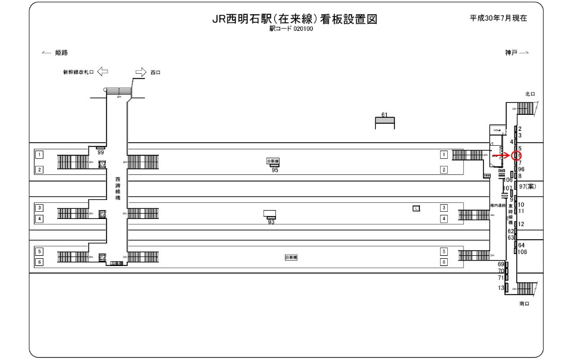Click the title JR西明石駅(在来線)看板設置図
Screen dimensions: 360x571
click(x=295, y=19)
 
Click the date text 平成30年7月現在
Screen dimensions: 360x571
click(x=498, y=18)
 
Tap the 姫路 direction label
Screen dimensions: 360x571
click(x=61, y=53)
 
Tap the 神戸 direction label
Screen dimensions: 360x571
click(x=512, y=53)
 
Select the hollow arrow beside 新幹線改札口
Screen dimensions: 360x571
click(x=102, y=72)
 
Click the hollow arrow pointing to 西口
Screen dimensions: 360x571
click(x=140, y=72)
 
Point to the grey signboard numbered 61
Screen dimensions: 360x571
click(x=384, y=121)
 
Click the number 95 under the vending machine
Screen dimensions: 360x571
click(x=275, y=170)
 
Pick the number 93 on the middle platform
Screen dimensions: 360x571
click(x=271, y=222)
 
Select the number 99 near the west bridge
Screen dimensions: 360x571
click(x=101, y=153)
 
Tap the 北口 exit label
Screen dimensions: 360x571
click(x=530, y=94)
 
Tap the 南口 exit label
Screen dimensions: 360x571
click(x=524, y=303)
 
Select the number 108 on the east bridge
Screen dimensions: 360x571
click(x=523, y=252)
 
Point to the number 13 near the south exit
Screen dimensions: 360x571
click(x=501, y=288)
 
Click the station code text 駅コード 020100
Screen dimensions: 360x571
click(x=295, y=28)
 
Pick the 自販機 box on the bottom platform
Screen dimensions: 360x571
click(x=291, y=257)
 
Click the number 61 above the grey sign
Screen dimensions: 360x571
click(x=384, y=114)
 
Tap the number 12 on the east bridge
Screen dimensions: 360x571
click(x=522, y=224)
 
